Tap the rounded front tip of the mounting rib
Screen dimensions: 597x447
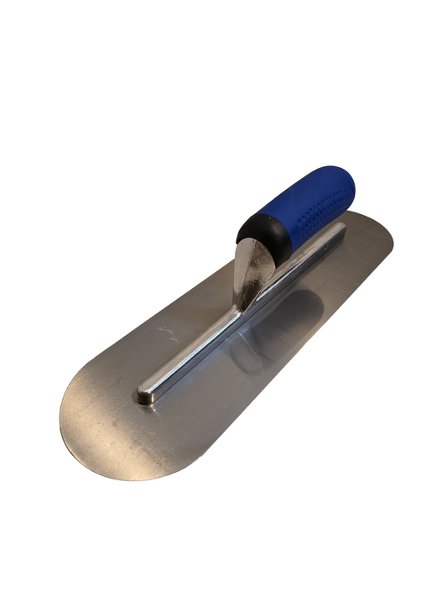(x=148, y=394)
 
